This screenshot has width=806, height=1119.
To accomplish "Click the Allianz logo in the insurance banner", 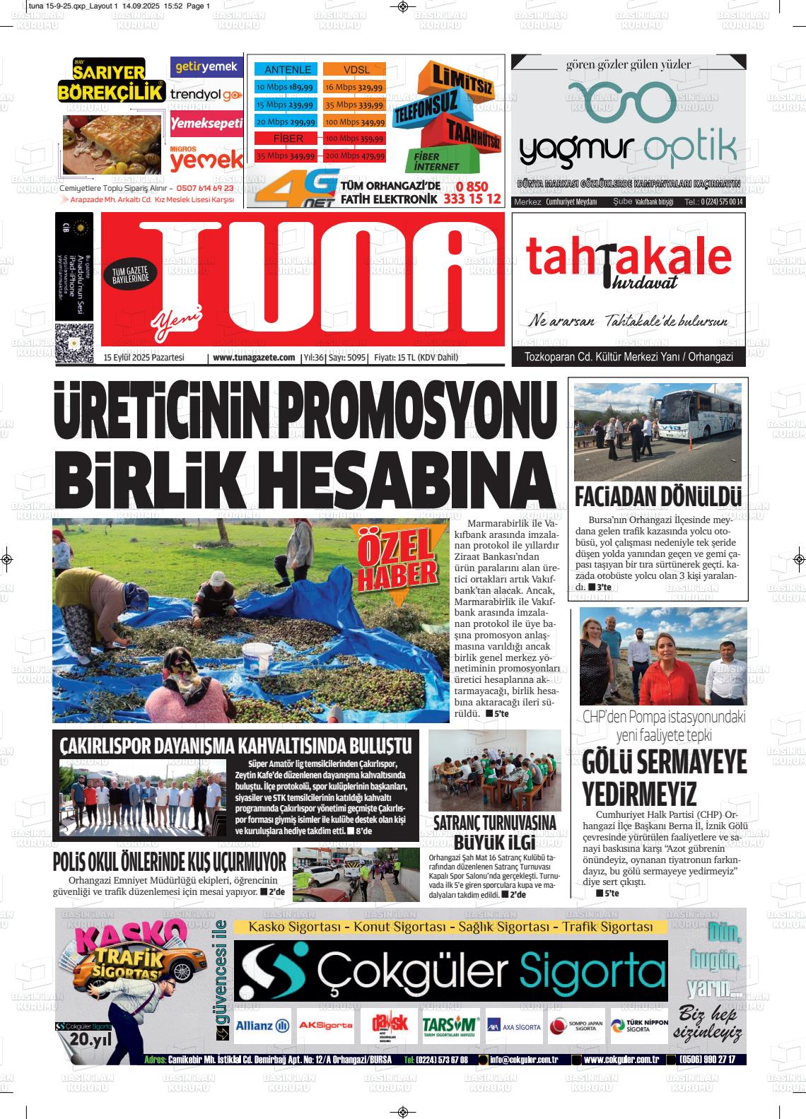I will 262,1026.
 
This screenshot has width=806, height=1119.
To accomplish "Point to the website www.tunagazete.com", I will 254,358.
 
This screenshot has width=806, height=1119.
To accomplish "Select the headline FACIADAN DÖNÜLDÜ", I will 658,496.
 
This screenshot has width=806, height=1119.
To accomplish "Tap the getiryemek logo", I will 206,67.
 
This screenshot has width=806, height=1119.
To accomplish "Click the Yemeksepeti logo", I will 206,124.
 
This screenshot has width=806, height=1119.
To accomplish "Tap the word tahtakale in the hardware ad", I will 629,257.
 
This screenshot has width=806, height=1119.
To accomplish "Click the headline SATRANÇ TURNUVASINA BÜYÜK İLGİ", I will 494,832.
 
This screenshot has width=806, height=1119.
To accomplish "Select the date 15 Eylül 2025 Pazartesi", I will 144,358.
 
